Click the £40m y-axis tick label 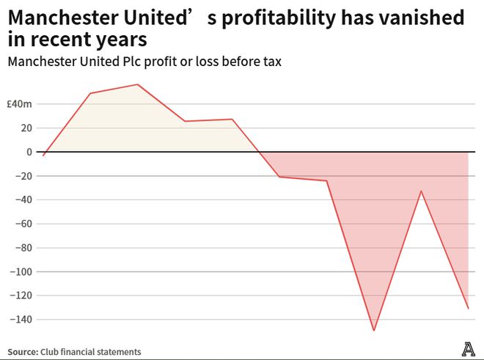tap(20, 104)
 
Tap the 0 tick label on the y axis tap(29, 152)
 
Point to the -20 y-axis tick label tap(24, 176)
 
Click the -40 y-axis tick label tap(24, 200)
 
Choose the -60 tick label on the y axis tap(24, 224)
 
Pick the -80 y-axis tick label tap(24, 248)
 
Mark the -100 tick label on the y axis tap(22, 272)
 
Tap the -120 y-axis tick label tap(22, 295)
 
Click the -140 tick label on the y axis tap(22, 320)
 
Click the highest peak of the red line tap(138, 84)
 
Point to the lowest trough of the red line tap(374, 331)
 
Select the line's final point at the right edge tap(468, 308)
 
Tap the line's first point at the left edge tap(43, 155)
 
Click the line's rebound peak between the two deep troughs tap(421, 191)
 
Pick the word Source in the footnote tap(23, 352)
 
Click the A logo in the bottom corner tap(468, 350)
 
